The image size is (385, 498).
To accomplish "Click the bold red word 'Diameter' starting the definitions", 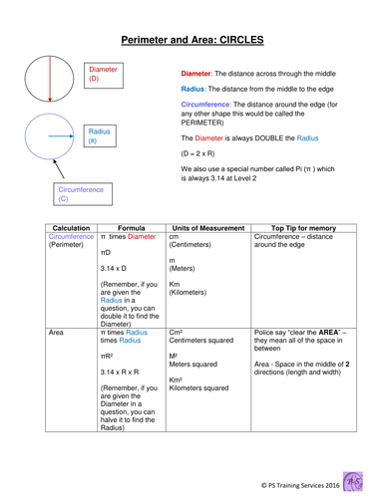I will [196, 74].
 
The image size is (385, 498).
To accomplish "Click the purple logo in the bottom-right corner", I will [357, 475].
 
